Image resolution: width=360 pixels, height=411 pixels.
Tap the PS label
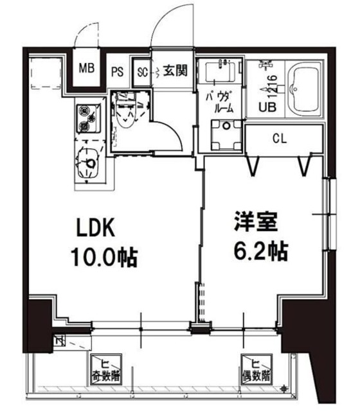coord(118,71)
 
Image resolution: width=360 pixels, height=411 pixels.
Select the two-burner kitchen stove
coord(86,118)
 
